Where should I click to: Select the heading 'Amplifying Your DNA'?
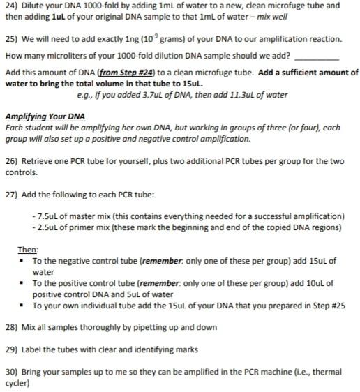(x=45, y=116)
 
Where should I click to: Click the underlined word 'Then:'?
(x=29, y=250)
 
